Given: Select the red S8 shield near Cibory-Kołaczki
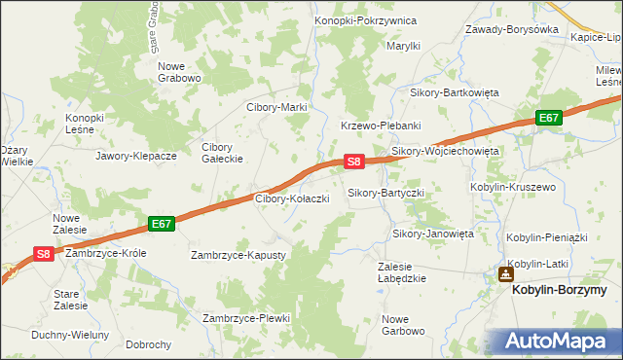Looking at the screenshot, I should tap(354, 162).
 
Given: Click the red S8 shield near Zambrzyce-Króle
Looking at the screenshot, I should tap(44, 253).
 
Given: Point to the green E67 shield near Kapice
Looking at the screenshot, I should tap(550, 118).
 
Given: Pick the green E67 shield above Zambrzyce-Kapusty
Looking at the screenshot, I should tap(162, 224).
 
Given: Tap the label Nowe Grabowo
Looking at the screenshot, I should tap(179, 72).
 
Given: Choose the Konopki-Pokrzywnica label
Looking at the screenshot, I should tap(365, 20).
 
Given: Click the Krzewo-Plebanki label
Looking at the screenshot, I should tap(380, 126).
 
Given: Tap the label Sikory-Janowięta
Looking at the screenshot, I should tap(432, 234).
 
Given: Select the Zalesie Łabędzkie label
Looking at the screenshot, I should tap(401, 271).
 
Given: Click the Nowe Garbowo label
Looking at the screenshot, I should tap(404, 325).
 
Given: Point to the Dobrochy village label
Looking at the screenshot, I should tap(149, 344).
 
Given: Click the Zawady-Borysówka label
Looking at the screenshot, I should tap(512, 29).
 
